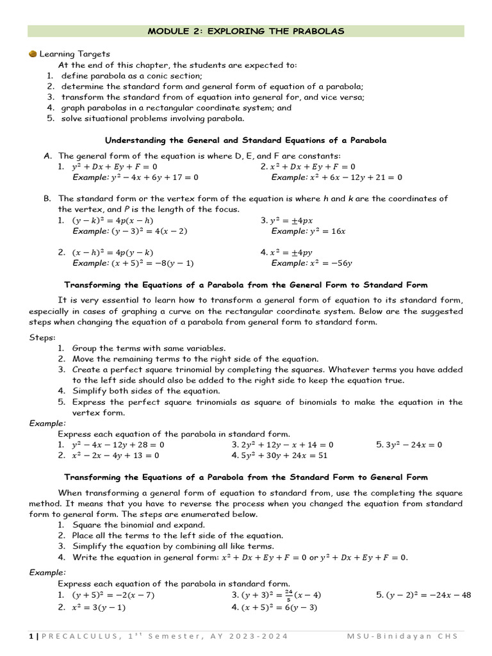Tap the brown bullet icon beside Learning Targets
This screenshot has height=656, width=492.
(33, 54)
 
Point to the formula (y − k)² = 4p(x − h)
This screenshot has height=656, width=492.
(113, 220)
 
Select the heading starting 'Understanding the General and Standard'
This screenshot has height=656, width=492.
(245, 140)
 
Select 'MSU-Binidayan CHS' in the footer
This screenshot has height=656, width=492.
(406, 636)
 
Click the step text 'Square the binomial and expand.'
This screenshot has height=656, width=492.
(138, 525)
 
